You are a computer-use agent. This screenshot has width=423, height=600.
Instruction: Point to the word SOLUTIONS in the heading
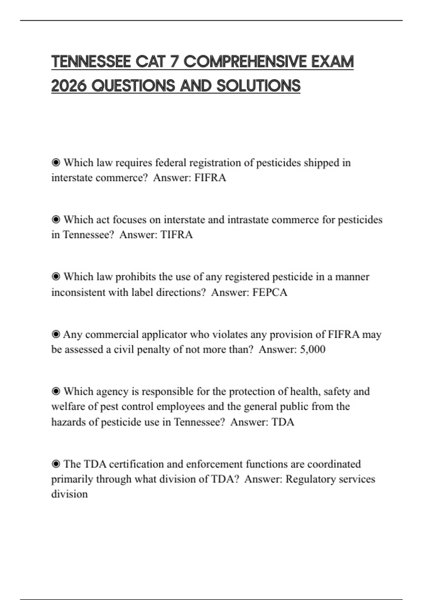pyautogui.click(x=258, y=86)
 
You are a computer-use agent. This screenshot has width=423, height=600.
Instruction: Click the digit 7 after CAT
pyautogui.click(x=174, y=62)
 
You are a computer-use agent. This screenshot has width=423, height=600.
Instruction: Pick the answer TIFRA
pyautogui.click(x=177, y=235)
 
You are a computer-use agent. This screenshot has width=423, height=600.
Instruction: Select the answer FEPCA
pyautogui.click(x=270, y=292)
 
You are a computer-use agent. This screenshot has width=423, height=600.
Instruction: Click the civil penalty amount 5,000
pyautogui.click(x=312, y=349)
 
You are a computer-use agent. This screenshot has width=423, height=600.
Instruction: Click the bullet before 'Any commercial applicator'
pyautogui.click(x=56, y=334)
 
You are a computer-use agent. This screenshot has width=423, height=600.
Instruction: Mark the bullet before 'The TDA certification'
pyautogui.click(x=56, y=464)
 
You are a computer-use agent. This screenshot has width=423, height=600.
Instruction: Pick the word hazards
pyautogui.click(x=69, y=422)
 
